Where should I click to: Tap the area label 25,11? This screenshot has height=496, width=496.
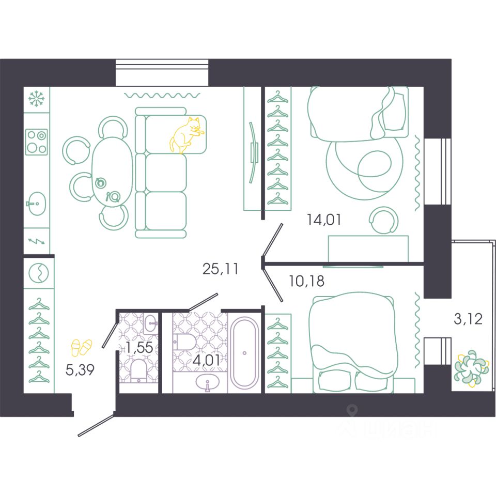(220, 269)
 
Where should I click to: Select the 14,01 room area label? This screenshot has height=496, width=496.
(324, 220)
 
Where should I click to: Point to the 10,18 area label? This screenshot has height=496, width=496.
(306, 281)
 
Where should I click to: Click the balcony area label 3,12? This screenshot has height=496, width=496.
(468, 319)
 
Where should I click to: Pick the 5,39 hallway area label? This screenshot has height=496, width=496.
(80, 369)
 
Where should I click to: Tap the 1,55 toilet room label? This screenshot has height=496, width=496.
(140, 348)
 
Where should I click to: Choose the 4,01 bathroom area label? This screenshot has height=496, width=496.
(207, 360)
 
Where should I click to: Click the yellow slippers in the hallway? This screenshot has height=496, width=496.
(82, 348)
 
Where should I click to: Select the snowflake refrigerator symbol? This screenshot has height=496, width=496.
(36, 98)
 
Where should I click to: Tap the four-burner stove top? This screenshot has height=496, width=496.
(36, 142)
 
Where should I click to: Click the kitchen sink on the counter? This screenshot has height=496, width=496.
(37, 204)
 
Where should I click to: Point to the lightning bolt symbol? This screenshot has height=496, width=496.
(37, 241)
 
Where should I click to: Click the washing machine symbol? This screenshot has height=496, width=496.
(39, 273)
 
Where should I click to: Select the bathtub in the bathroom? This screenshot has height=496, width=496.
(244, 353)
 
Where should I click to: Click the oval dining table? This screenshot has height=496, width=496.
(112, 171)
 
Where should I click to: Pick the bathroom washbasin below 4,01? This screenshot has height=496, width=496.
(208, 382)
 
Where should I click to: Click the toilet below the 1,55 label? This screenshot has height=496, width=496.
(138, 371)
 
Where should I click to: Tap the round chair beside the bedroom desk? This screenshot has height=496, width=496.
(383, 220)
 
